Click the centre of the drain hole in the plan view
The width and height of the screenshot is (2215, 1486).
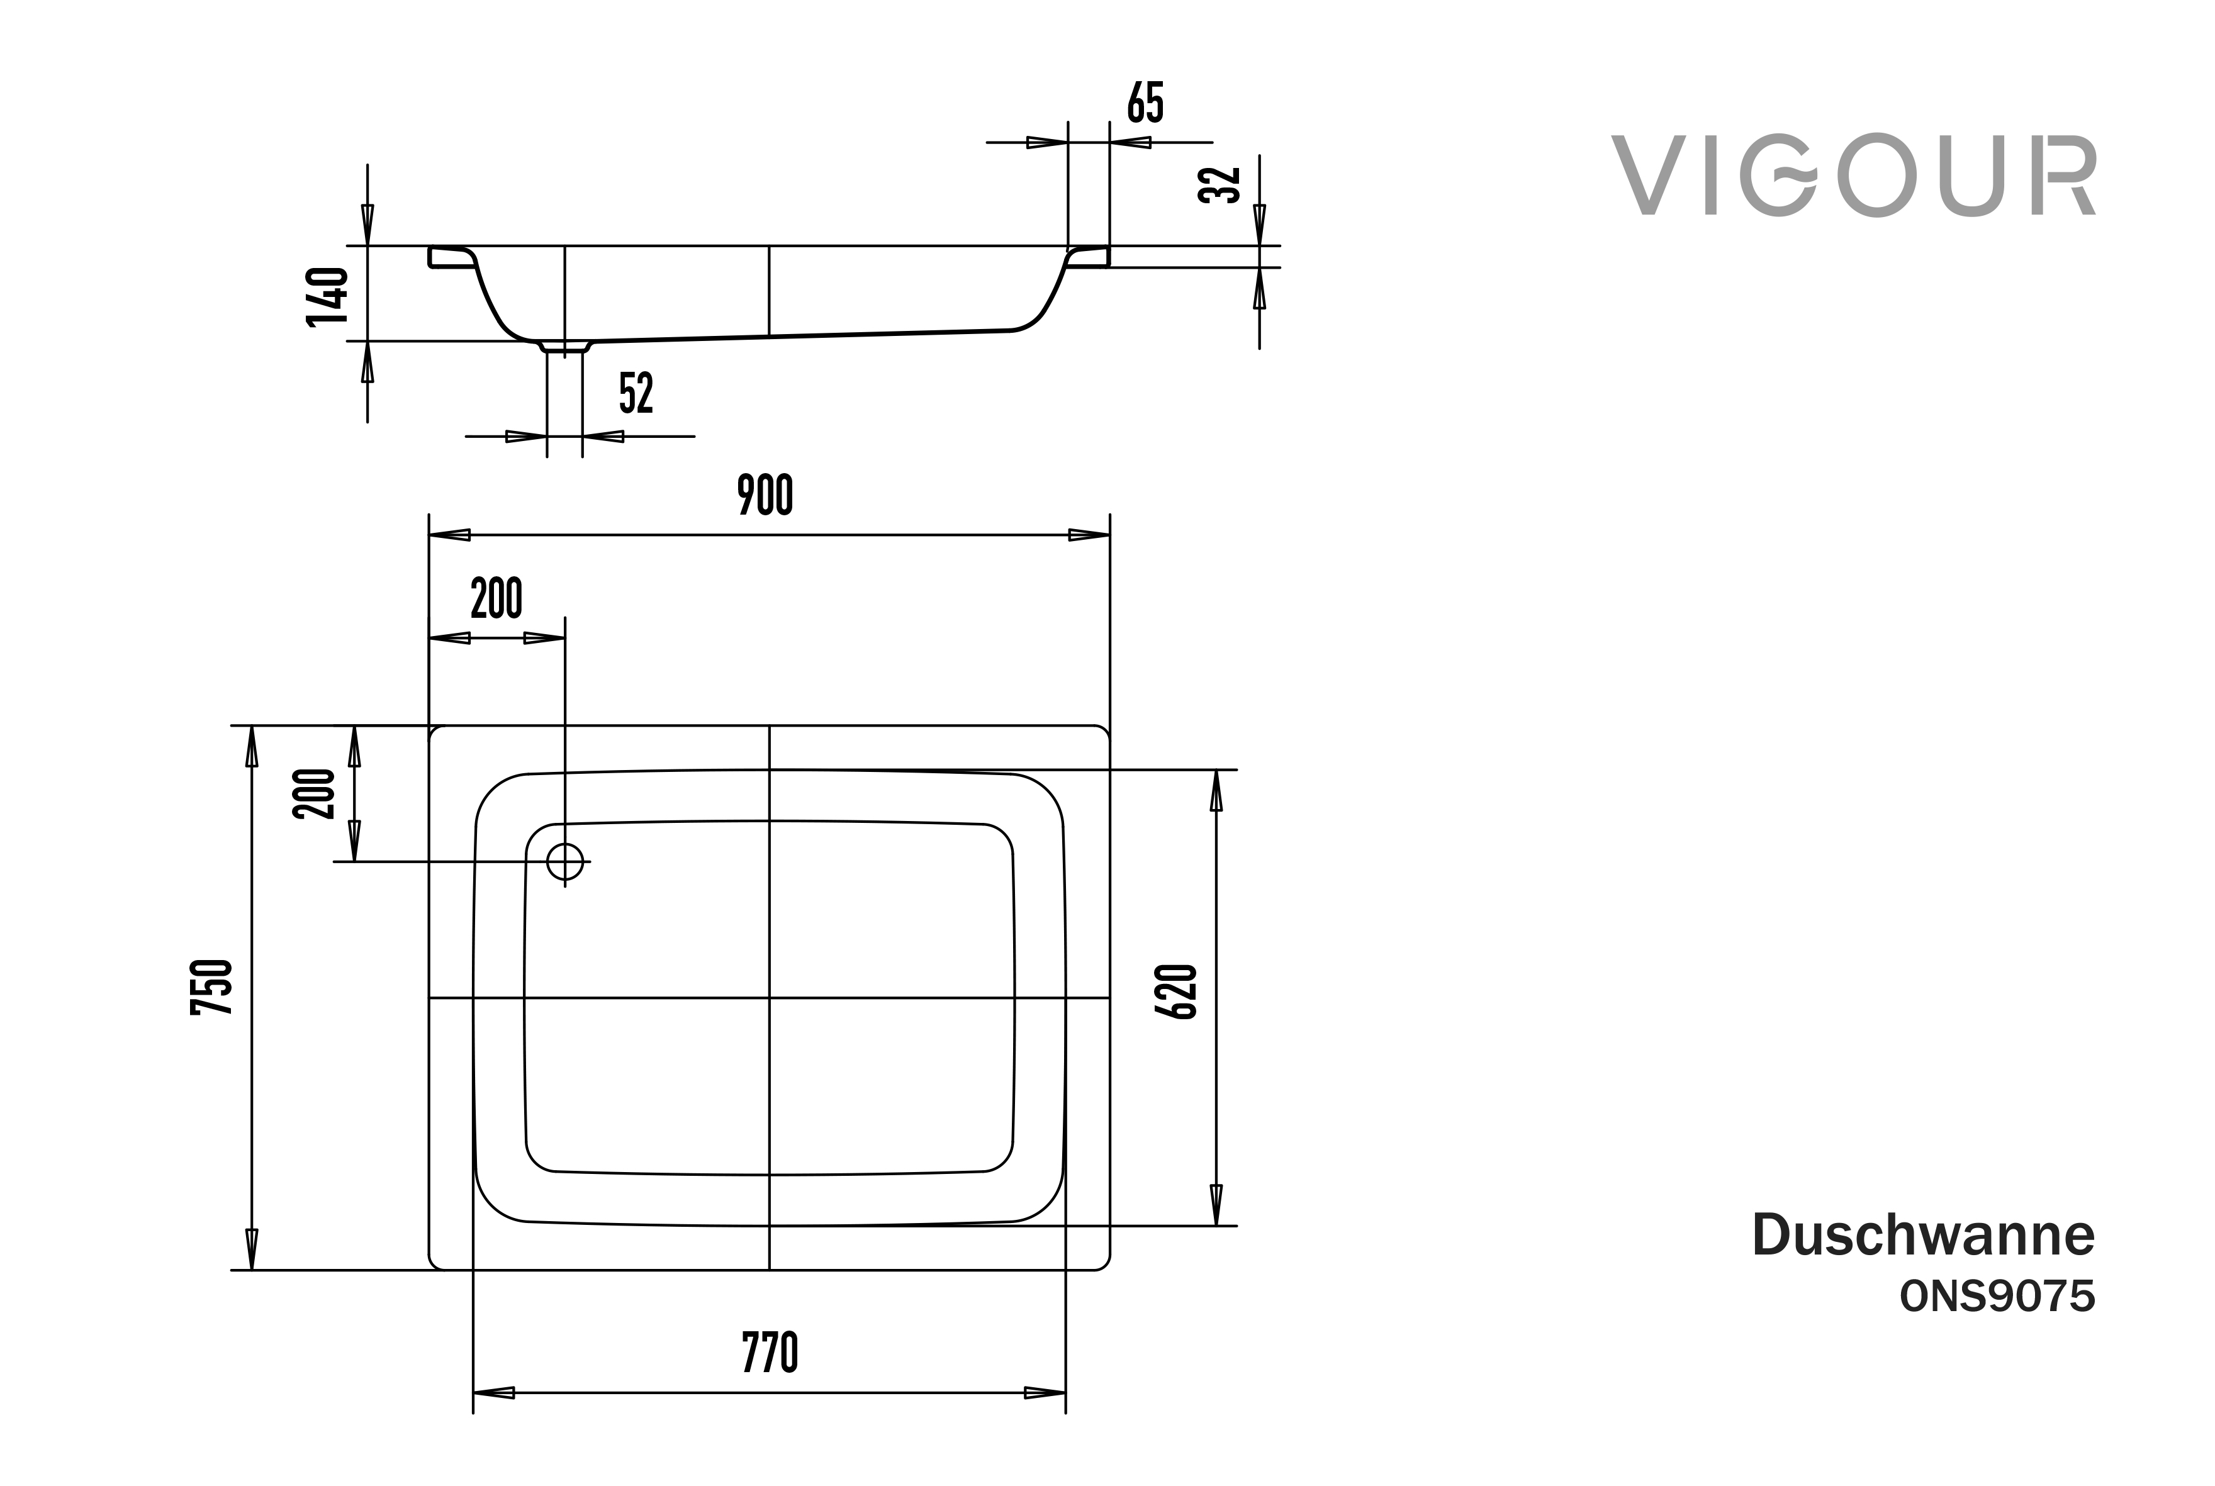point(565,861)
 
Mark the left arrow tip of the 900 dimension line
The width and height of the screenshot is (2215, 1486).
point(429,535)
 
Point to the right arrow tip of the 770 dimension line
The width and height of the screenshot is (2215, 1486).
point(1065,1393)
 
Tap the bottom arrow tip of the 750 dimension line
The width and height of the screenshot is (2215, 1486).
point(251,1270)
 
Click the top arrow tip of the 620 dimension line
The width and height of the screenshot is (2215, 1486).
point(1216,769)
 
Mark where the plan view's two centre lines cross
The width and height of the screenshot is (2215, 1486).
point(770,998)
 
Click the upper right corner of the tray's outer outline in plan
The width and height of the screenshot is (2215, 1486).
point(1110,726)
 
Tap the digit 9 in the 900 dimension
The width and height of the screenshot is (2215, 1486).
point(747,494)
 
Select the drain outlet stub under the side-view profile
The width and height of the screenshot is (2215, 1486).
point(565,347)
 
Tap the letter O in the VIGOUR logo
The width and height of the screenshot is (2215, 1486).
point(1873,176)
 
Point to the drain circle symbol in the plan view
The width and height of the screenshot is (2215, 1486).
point(565,861)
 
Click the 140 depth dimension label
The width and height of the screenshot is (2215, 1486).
point(328,296)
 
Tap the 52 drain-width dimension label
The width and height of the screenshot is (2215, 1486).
point(637,393)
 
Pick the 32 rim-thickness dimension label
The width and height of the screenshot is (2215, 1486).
point(1220,185)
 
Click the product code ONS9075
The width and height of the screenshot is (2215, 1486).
point(1997,1297)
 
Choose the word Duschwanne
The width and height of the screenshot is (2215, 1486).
point(1924,1235)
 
